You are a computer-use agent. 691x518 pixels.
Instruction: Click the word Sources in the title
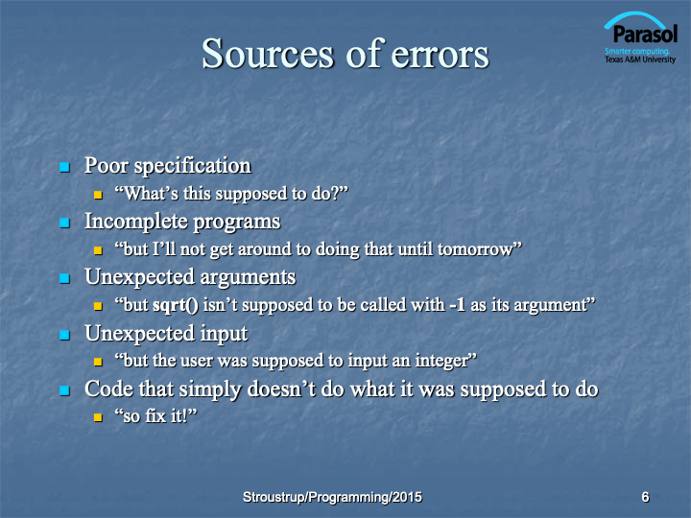[x=268, y=54]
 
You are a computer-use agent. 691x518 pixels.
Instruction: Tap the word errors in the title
[x=440, y=56]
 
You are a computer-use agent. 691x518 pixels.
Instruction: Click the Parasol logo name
[x=645, y=35]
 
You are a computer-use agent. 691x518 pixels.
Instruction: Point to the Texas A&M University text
[x=640, y=59]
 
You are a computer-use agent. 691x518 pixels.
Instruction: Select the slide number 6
[x=645, y=497]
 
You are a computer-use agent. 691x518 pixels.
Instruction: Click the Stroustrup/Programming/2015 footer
[x=332, y=497]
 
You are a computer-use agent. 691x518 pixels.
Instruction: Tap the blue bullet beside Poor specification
[x=65, y=167]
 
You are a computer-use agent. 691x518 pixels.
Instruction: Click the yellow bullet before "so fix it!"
[x=98, y=417]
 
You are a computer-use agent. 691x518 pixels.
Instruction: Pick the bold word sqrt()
[x=176, y=305]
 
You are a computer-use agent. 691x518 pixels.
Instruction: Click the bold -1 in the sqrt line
[x=458, y=305]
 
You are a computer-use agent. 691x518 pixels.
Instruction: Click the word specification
[x=193, y=167]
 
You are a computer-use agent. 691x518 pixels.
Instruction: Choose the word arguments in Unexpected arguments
[x=248, y=278]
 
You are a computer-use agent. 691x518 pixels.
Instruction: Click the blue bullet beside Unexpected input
[x=65, y=335]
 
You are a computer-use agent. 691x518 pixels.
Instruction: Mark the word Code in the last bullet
[x=108, y=388]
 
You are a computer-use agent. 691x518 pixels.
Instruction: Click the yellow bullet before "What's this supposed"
[x=98, y=195]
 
